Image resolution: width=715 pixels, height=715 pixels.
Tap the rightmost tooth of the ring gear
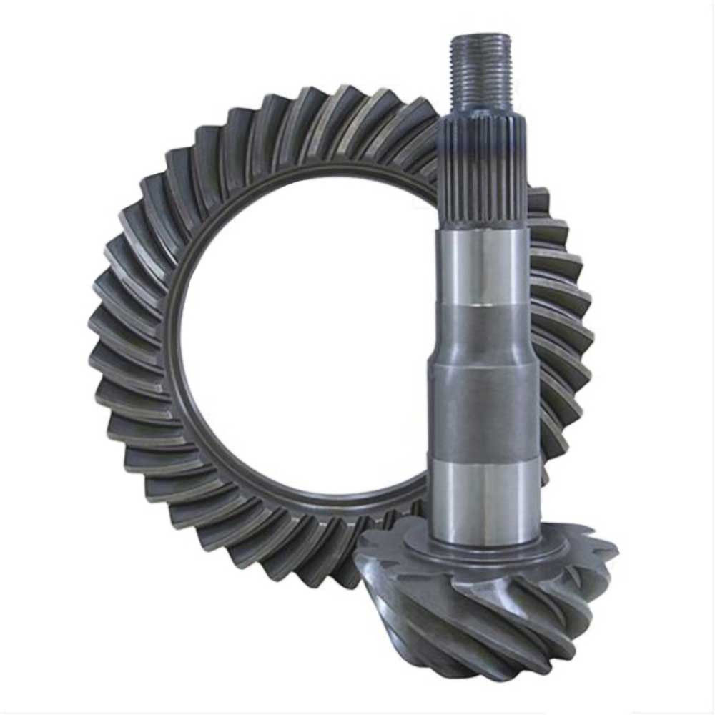[583, 336]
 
